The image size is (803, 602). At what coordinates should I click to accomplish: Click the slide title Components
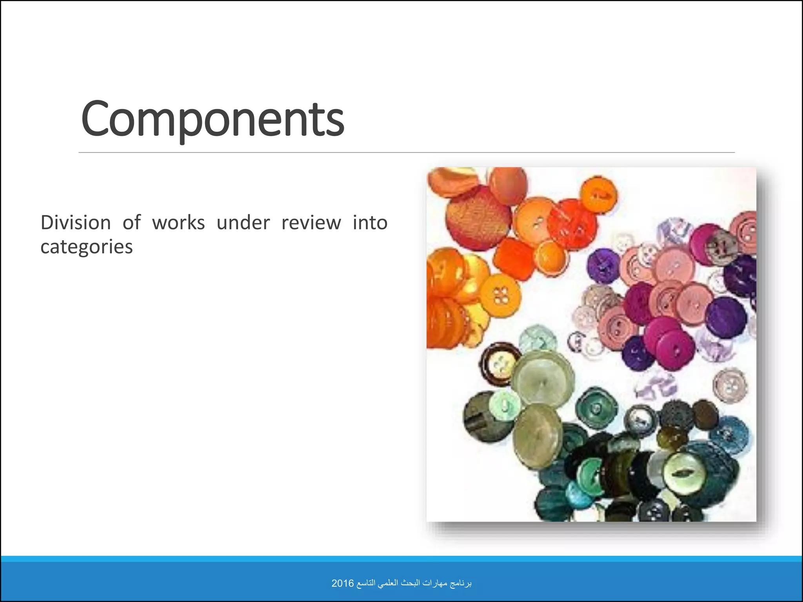[213, 119]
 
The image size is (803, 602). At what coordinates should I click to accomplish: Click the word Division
[76, 223]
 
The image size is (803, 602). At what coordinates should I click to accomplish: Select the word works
[178, 223]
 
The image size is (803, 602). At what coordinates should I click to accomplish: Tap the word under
[243, 223]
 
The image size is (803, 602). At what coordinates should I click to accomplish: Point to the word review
[311, 223]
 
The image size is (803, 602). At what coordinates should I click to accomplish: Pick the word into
[370, 223]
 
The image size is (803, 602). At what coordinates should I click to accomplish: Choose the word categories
[87, 247]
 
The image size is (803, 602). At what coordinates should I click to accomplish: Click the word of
[131, 223]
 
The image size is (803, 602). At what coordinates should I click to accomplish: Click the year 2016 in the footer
[342, 583]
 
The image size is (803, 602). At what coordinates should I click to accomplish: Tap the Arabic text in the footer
[414, 583]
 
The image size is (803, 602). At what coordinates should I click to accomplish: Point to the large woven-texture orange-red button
[478, 218]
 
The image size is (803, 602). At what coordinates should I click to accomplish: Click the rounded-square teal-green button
[596, 408]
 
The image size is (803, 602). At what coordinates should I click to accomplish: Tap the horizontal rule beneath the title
[406, 152]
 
